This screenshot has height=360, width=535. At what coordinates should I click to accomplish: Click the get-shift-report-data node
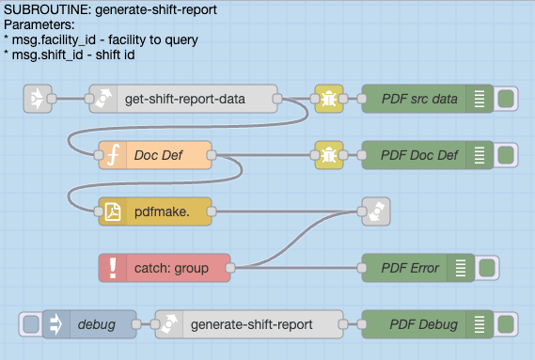[x=183, y=99]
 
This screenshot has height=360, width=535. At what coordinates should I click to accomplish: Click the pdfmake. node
[x=155, y=212]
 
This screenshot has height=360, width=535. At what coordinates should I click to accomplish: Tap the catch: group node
[x=165, y=268]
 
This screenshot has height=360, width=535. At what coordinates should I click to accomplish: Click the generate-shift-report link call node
[x=249, y=324]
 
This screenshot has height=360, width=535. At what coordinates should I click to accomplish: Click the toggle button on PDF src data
[x=506, y=99]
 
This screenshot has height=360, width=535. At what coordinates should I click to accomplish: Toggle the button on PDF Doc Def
[x=506, y=155]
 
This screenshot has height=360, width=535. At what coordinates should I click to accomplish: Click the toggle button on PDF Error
[x=487, y=268]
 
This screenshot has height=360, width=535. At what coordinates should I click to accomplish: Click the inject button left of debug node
[x=30, y=324]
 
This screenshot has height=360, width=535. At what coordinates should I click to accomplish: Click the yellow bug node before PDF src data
[x=329, y=99]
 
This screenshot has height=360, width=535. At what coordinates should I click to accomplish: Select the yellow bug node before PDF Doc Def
[x=329, y=155]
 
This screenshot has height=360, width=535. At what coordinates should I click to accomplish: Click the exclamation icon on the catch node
[x=113, y=268]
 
